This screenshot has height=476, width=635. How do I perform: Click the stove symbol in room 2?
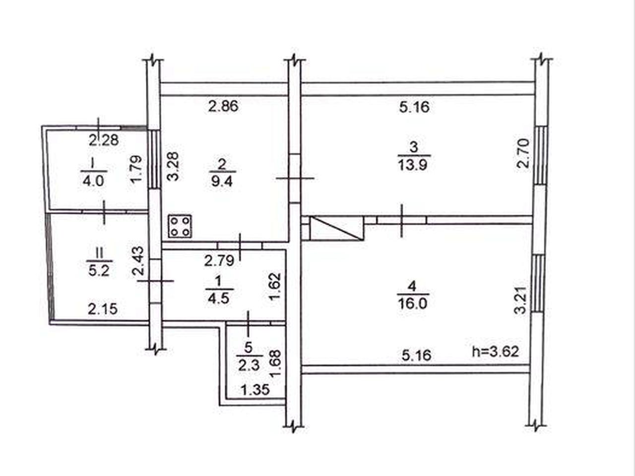pyautogui.click(x=180, y=226)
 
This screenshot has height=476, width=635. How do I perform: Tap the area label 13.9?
pyautogui.click(x=413, y=166)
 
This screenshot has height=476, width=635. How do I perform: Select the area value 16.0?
pyautogui.click(x=413, y=304)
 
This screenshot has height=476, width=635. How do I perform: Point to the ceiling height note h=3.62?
pyautogui.click(x=496, y=352)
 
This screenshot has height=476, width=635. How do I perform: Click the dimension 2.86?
pyautogui.click(x=223, y=106)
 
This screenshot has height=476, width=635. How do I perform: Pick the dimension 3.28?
pyautogui.click(x=174, y=167)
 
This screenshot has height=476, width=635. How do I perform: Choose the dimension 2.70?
pyautogui.click(x=523, y=154)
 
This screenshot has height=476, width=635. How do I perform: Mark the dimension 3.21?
pyautogui.click(x=520, y=300)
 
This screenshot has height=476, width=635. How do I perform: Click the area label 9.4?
pyautogui.click(x=222, y=182)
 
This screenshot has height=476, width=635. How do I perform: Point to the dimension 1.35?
pyautogui.click(x=255, y=390)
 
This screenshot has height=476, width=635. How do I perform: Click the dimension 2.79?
pyautogui.click(x=219, y=261)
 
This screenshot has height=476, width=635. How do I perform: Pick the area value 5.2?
pyautogui.click(x=99, y=271)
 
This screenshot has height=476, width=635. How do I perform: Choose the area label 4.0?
pyautogui.click(x=93, y=182)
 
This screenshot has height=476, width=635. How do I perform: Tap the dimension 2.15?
pyautogui.click(x=103, y=309)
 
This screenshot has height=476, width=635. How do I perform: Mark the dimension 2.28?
pyautogui.click(x=104, y=140)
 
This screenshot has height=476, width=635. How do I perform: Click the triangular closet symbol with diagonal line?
pyautogui.click(x=336, y=229)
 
